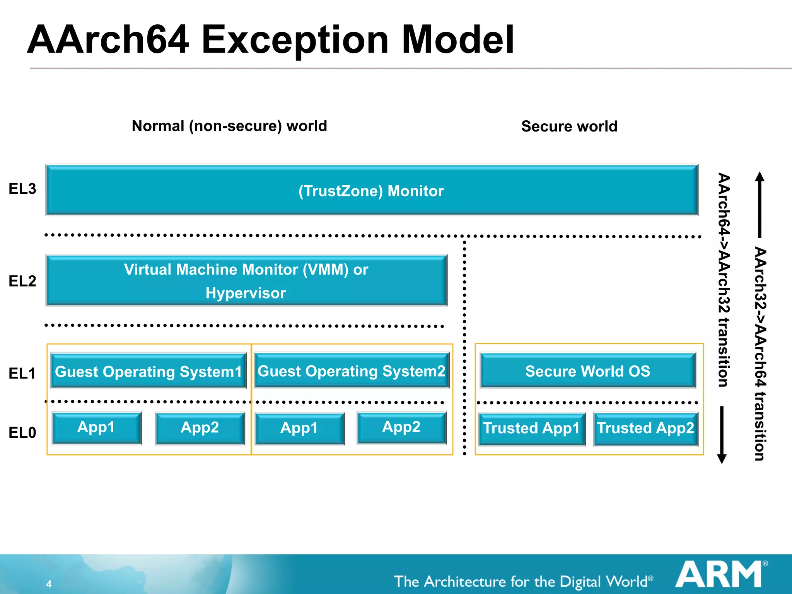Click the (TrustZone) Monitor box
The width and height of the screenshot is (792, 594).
point(372,190)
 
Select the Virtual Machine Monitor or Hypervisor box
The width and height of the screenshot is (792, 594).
point(246,281)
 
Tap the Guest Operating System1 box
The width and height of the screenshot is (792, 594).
point(148,371)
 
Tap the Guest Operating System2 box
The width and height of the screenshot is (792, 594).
point(352,370)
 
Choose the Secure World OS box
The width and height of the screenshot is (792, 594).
point(588,370)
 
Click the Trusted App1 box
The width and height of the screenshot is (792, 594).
point(532,428)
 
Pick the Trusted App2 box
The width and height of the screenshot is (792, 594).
point(645,428)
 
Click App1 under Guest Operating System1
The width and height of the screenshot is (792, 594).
point(97,428)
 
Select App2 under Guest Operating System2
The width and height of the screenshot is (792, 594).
point(401,427)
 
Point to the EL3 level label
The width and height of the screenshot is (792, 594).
point(22,189)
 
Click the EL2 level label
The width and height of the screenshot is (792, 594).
point(22,281)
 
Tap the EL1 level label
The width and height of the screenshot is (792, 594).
point(22,373)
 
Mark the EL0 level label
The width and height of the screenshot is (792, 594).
point(22,432)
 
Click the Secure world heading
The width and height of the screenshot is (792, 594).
point(569,126)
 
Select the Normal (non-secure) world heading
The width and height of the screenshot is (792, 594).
point(229,126)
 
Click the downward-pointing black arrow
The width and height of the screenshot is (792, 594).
point(722,435)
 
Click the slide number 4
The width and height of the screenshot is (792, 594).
point(49,584)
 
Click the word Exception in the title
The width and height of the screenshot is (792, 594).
point(295,40)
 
